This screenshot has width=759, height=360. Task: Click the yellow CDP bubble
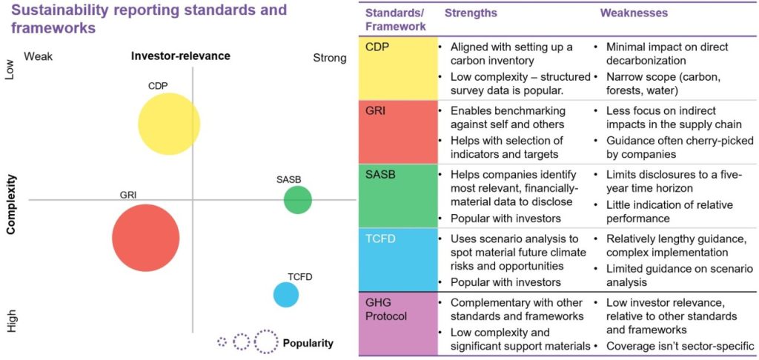[170, 124]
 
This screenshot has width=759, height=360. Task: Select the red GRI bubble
[145, 238]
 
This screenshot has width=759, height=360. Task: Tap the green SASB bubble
[297, 200]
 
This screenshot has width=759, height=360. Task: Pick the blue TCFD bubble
[286, 294]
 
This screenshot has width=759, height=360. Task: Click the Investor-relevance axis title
[180, 56]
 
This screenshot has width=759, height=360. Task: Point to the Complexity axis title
[12, 205]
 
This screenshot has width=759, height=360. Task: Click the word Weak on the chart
[39, 57]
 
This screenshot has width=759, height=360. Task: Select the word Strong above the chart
[329, 58]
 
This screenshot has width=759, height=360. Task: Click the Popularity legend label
[308, 343]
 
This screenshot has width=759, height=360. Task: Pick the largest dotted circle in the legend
[266, 341]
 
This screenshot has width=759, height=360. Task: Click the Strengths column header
[471, 13]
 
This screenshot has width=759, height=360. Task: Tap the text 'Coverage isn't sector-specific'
[680, 345]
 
